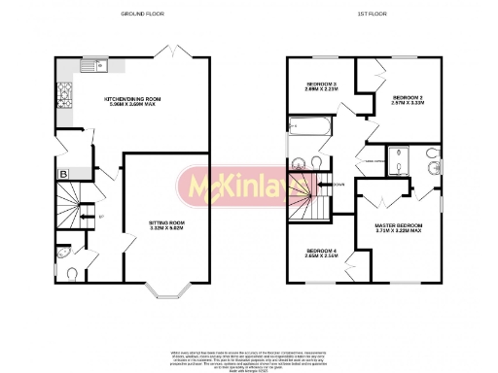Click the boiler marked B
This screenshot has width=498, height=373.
pos(63,174)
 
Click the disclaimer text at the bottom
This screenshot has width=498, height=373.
pos(249,344)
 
